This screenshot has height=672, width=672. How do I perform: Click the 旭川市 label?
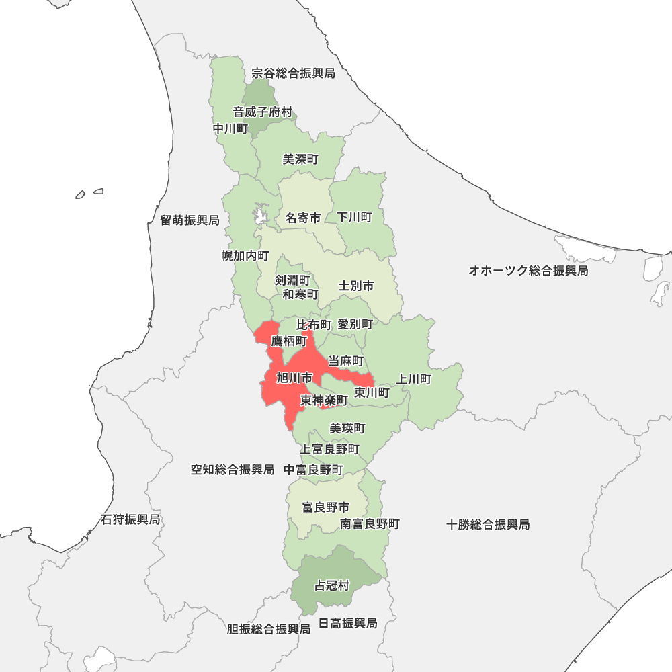tap(294, 378)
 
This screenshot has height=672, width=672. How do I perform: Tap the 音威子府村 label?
tap(263, 112)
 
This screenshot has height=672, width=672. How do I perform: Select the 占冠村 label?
tap(332, 586)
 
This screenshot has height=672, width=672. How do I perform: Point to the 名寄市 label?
tap(302, 218)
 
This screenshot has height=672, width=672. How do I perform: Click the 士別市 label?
tap(356, 286)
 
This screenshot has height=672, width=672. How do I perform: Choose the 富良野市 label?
tap(326, 507)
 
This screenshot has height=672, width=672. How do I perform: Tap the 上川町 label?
tap(414, 379)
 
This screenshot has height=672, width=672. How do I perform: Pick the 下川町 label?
tap(355, 218)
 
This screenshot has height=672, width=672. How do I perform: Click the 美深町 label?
tap(300, 160)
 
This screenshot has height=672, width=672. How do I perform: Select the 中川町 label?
tap(230, 128)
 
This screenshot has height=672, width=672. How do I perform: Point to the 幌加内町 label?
tap(245, 256)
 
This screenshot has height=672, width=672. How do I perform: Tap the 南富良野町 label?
tap(370, 523)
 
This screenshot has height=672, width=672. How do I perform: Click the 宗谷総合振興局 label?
tap(293, 73)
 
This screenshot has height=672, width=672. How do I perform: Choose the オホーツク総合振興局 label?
tap(528, 271)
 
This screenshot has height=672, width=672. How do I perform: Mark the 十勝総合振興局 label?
tap(488, 525)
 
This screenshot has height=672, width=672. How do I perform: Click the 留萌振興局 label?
tap(190, 220)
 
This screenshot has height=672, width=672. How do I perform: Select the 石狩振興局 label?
tap(130, 519)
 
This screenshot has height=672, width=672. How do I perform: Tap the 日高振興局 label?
tap(347, 624)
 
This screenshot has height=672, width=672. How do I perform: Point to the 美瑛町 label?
tap(347, 428)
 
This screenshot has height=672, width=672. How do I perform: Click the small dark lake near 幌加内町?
tap(260, 216)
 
